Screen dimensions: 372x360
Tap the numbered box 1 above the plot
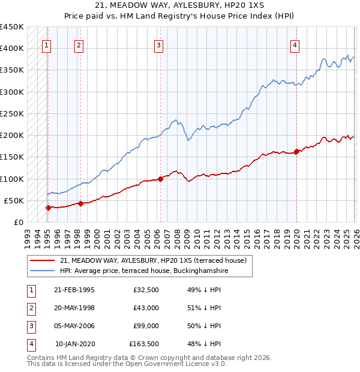(x=47, y=44)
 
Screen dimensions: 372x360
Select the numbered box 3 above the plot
(x=158, y=44)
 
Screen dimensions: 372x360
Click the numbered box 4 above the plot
(x=295, y=44)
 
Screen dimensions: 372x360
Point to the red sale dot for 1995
(x=48, y=208)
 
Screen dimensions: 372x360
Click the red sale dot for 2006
(x=160, y=179)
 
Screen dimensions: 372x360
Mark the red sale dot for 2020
(x=296, y=151)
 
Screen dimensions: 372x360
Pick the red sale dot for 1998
(x=80, y=203)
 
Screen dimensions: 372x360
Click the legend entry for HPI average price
(x=145, y=271)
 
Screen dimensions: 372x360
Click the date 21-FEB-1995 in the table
(x=74, y=289)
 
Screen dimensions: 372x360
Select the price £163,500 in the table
(x=144, y=344)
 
